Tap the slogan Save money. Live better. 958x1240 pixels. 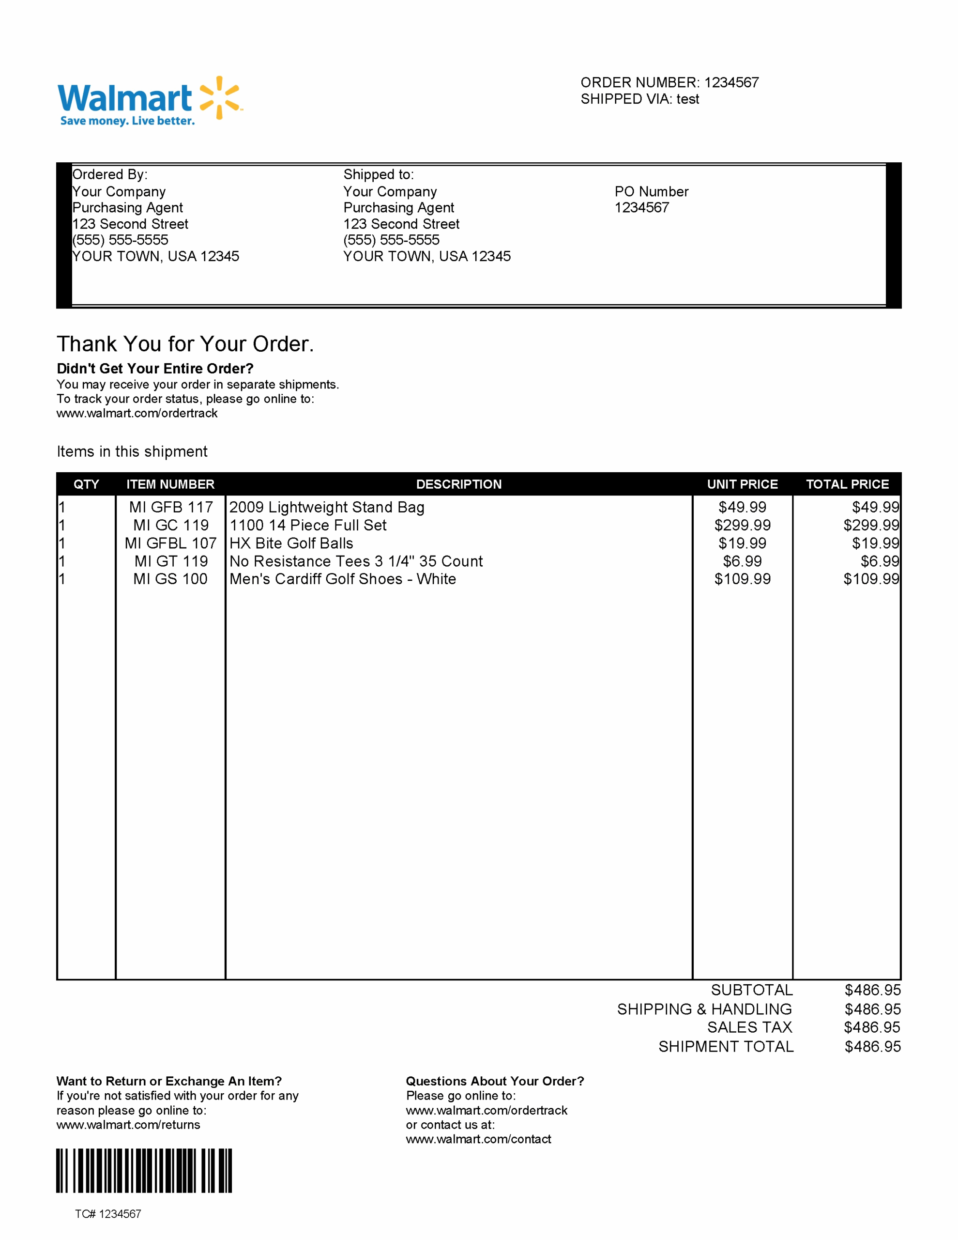[x=127, y=121]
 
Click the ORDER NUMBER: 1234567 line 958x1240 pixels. [x=669, y=83]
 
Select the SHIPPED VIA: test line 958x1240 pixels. [x=639, y=99]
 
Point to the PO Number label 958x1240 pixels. [x=651, y=192]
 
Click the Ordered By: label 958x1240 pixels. [x=110, y=174]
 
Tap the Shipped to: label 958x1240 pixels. [x=379, y=174]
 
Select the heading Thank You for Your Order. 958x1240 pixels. [x=185, y=344]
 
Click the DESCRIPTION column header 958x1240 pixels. [x=458, y=484]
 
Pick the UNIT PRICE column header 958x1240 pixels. [x=742, y=484]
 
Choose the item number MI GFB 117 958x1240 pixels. [x=171, y=507]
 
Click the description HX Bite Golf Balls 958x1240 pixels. [x=291, y=543]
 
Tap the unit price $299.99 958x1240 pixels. [x=742, y=525]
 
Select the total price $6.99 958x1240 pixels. [x=880, y=561]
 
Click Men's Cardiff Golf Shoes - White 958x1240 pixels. [x=342, y=579]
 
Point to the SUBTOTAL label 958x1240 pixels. [x=751, y=990]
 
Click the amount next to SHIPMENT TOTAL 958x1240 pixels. [x=872, y=1046]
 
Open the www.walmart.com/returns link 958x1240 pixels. [x=128, y=1125]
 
